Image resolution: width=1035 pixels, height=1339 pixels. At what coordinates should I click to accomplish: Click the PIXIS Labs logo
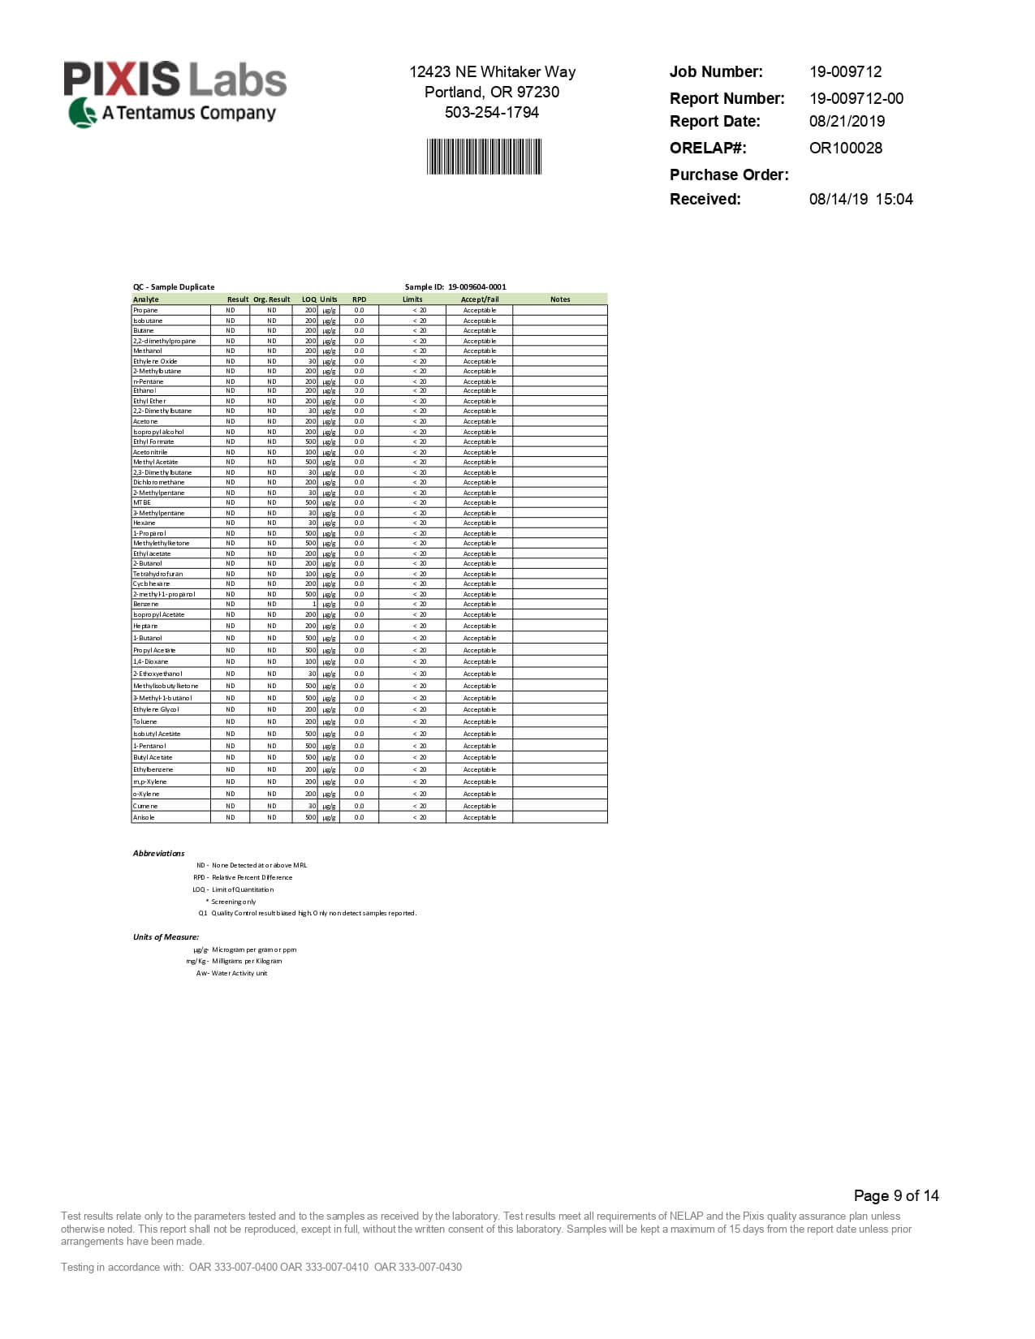point(175,94)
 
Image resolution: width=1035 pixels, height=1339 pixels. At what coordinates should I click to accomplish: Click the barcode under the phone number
point(484,157)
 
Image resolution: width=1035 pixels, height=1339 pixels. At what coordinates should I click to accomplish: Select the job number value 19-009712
point(845,71)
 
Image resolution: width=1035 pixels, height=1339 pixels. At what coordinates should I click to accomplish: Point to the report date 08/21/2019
point(847,121)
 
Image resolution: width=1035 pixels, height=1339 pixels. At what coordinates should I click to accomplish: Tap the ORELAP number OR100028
point(845,148)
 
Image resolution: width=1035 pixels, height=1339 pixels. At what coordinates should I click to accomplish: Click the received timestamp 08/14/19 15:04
point(860,199)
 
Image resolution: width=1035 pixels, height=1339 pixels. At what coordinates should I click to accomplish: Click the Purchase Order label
point(728,174)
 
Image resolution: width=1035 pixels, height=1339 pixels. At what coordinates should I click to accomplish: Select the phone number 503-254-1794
point(491,112)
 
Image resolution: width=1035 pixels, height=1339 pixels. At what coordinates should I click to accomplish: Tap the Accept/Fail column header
point(479,299)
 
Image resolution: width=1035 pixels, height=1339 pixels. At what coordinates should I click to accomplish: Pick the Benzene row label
point(146,605)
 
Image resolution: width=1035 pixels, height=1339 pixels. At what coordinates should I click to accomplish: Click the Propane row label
point(145,310)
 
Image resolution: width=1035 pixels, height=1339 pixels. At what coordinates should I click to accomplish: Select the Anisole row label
point(144,817)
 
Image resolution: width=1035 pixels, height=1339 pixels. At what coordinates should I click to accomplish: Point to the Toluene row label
point(145,721)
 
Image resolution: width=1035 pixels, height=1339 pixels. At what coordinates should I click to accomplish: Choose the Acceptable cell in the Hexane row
point(479,523)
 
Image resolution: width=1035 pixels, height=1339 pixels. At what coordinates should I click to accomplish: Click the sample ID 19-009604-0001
point(477,286)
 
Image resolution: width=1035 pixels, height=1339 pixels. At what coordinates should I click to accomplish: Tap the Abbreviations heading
point(158,853)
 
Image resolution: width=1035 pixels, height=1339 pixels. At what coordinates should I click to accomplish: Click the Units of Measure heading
point(166,936)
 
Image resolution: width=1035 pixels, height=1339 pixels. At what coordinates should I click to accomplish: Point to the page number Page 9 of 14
point(895,1195)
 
